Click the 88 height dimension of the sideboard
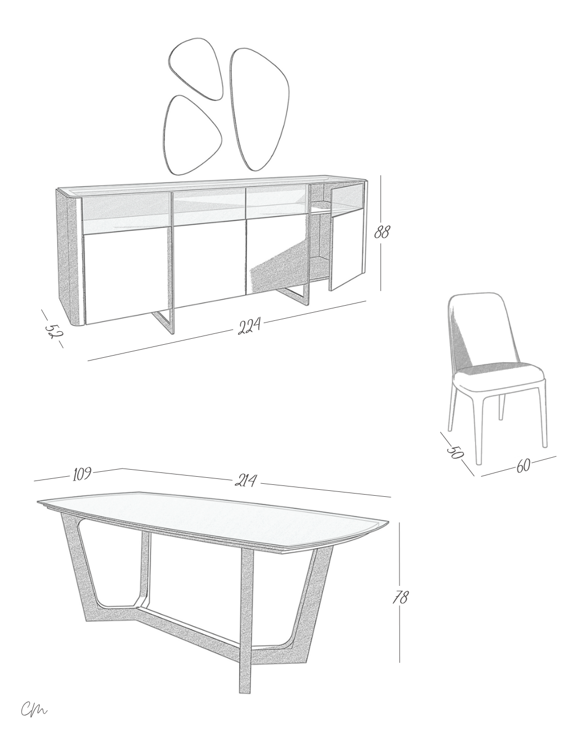(382, 232)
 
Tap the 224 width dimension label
(249, 325)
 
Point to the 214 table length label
(246, 480)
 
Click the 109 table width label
(82, 474)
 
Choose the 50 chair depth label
(455, 451)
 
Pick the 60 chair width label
(523, 465)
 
